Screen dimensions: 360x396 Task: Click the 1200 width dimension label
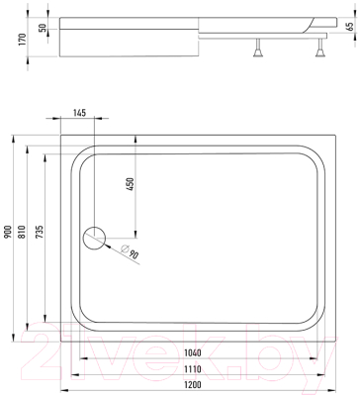pyautogui.click(x=192, y=384)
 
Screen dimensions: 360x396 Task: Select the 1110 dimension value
pyautogui.click(x=192, y=368)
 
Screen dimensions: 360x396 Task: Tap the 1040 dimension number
pyautogui.click(x=192, y=352)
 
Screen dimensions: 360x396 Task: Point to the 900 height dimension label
pyautogui.click(x=8, y=232)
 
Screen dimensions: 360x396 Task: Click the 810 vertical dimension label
pyautogui.click(x=22, y=232)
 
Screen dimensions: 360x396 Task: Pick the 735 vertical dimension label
pyautogui.click(x=39, y=232)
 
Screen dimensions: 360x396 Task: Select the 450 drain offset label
pyautogui.click(x=131, y=184)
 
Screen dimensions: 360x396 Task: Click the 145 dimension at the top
pyautogui.click(x=79, y=113)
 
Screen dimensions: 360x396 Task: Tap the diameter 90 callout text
pyautogui.click(x=130, y=251)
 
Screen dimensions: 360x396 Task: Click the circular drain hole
pyautogui.click(x=94, y=239)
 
